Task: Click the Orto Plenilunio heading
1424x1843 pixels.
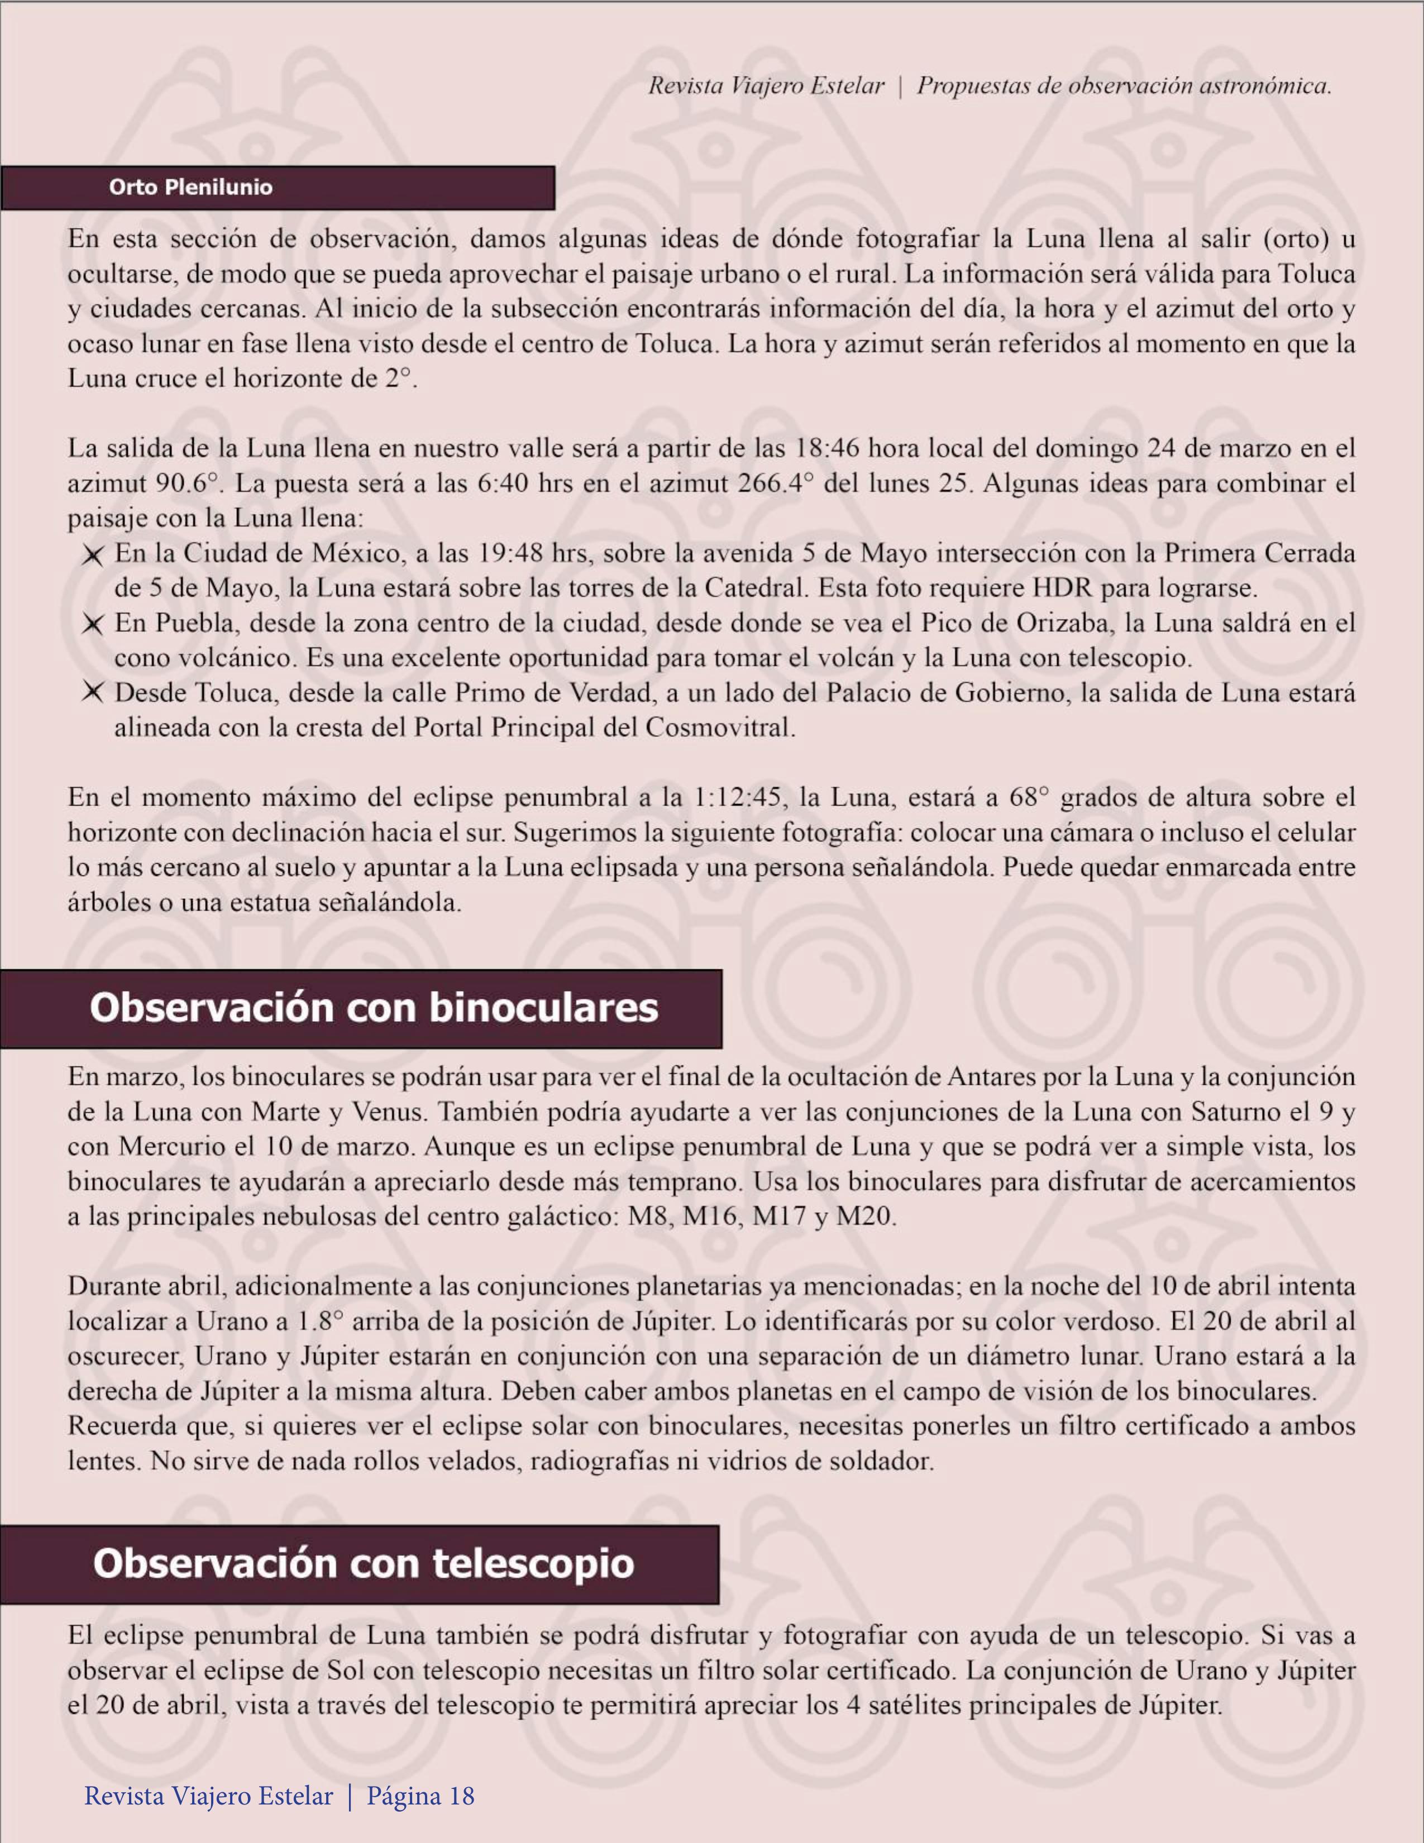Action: click(191, 188)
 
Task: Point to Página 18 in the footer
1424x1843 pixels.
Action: click(420, 1796)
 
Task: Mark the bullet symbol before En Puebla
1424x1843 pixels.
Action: click(92, 624)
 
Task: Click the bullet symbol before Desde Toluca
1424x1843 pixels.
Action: click(92, 693)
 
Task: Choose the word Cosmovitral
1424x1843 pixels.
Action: click(719, 727)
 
